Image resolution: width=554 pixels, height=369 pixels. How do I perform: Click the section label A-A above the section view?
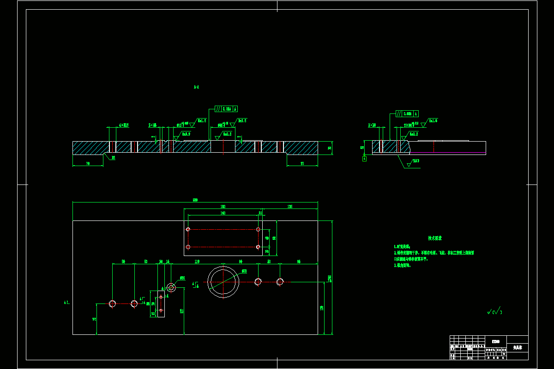click(x=196, y=87)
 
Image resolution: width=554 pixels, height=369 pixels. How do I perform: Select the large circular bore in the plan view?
click(x=223, y=281)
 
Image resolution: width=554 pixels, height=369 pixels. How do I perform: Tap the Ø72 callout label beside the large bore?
click(x=244, y=271)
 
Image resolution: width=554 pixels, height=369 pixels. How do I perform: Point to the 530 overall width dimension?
click(x=195, y=200)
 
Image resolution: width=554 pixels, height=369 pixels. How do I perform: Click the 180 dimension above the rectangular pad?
click(x=223, y=207)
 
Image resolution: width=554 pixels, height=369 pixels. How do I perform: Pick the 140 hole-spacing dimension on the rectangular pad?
click(x=223, y=213)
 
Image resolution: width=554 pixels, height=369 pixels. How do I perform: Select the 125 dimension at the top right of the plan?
click(x=290, y=207)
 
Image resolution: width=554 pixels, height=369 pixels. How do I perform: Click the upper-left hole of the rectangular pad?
click(x=188, y=229)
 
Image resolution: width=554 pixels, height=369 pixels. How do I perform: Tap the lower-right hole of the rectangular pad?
click(x=258, y=247)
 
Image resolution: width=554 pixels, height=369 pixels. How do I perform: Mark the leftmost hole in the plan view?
click(x=112, y=304)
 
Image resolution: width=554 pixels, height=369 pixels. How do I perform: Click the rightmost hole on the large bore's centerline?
click(x=280, y=282)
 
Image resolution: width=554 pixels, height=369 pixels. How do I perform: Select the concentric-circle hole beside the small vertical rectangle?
click(x=171, y=288)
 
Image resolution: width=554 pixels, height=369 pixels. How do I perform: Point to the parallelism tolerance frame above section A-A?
click(x=227, y=109)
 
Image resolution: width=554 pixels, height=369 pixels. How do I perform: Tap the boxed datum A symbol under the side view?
click(x=365, y=158)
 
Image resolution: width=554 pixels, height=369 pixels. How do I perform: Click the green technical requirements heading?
click(x=434, y=238)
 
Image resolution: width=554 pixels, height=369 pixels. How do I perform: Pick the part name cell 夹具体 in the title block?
click(x=517, y=347)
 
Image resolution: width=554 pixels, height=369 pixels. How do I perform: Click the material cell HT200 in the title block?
click(x=495, y=341)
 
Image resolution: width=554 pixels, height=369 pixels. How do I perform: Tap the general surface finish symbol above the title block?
click(x=494, y=312)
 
